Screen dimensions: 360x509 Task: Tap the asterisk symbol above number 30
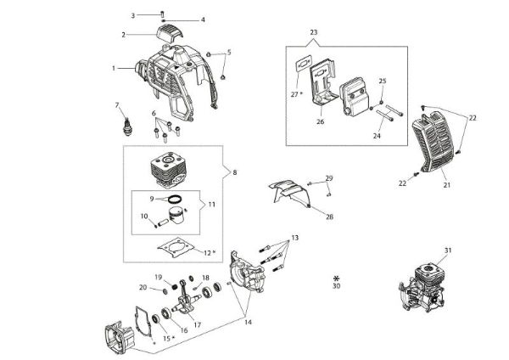click(337, 278)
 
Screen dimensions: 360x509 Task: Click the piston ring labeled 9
click(174, 200)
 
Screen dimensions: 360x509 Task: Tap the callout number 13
click(295, 235)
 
